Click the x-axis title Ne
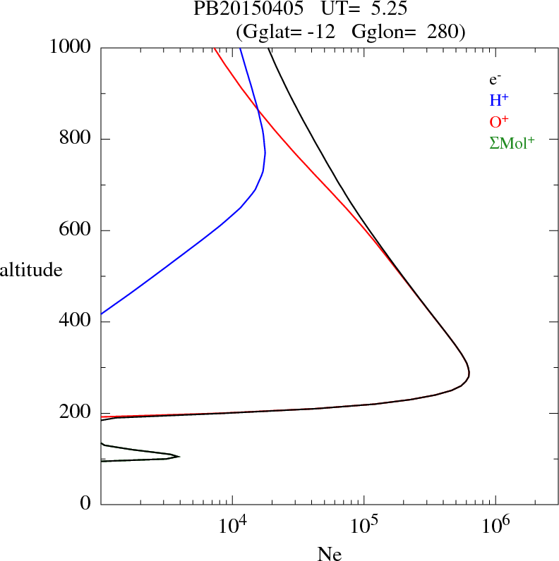pyautogui.click(x=329, y=554)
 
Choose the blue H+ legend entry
pyautogui.click(x=499, y=101)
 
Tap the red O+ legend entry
pyautogui.click(x=499, y=122)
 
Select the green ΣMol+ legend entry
pyautogui.click(x=512, y=143)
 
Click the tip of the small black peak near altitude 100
pyautogui.click(x=179, y=457)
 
